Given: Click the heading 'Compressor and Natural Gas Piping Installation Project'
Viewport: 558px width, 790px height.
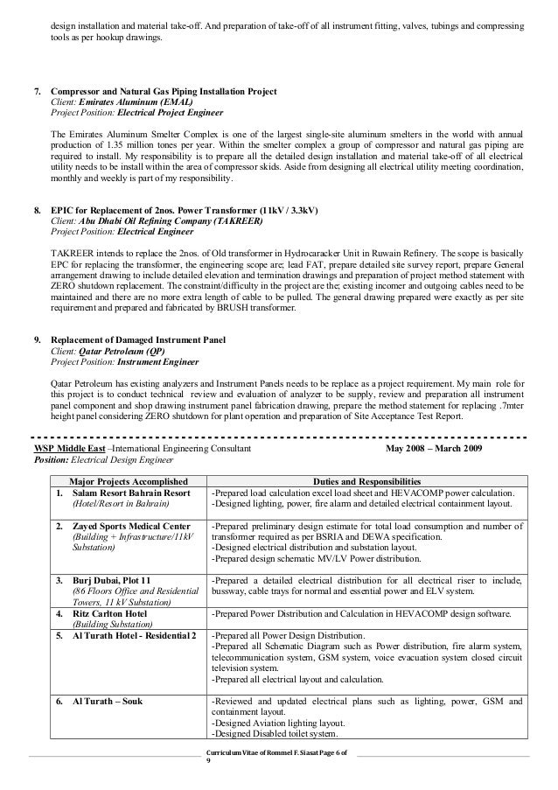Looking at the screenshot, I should coord(164,92).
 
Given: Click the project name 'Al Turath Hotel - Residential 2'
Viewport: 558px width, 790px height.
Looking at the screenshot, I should coord(134,634).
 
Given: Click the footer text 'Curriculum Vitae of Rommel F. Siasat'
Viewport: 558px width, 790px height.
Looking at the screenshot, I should coord(263,753).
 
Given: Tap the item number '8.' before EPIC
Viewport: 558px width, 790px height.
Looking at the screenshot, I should coord(37,212).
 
